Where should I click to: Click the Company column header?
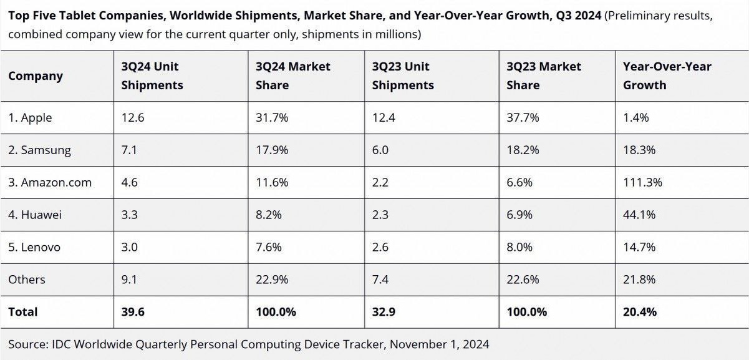pos(36,76)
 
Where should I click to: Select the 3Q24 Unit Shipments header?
pos(152,75)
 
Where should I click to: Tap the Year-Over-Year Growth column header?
pos(667,75)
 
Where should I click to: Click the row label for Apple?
pos(30,117)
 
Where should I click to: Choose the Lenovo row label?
pos(34,247)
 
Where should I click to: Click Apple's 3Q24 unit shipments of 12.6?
pos(133,117)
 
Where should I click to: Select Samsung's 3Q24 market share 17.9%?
pos(272,150)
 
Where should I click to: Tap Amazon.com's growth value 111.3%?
pos(642,182)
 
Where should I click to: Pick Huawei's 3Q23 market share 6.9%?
pos(519,215)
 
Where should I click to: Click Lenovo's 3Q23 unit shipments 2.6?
pos(380,247)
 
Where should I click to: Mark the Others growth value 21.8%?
pos(639,280)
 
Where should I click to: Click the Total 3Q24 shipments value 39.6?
pos(133,311)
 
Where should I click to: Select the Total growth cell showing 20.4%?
pos(640,311)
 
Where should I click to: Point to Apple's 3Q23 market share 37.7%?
pos(523,117)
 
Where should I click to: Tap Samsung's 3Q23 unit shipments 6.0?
pos(380,150)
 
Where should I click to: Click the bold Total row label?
pos(23,311)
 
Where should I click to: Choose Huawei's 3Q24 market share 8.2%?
pos(269,215)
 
